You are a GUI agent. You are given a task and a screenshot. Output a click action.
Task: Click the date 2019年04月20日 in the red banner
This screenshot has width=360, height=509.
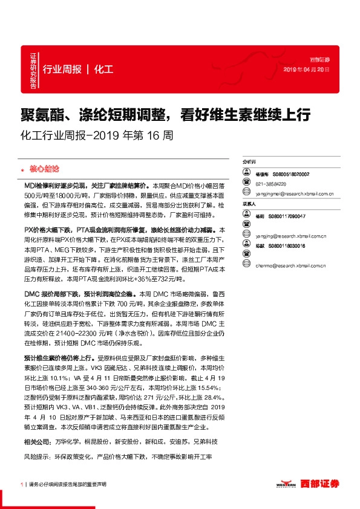click(307, 70)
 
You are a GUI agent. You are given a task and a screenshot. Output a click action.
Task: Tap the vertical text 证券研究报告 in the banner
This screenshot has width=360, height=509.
click(33, 68)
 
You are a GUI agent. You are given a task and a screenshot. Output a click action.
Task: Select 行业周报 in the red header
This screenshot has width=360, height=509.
click(62, 69)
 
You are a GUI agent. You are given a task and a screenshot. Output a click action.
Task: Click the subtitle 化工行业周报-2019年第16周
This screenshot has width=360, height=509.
click(96, 135)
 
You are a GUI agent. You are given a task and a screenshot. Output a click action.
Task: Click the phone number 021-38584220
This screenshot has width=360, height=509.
click(271, 183)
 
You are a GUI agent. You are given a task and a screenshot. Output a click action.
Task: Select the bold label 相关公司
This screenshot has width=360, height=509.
click(38, 442)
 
